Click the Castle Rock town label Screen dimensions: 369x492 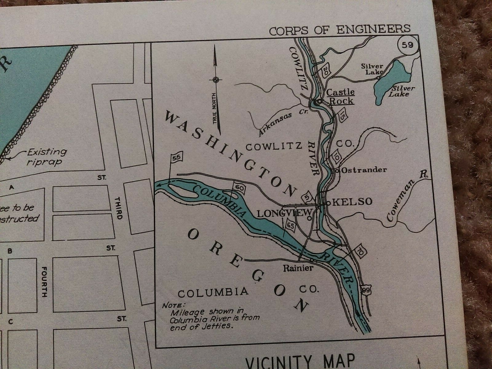pos(340,96)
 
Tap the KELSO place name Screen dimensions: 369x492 pos(352,202)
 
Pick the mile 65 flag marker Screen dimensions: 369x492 pos(291,226)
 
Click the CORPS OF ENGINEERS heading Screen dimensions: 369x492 pos(339,29)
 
